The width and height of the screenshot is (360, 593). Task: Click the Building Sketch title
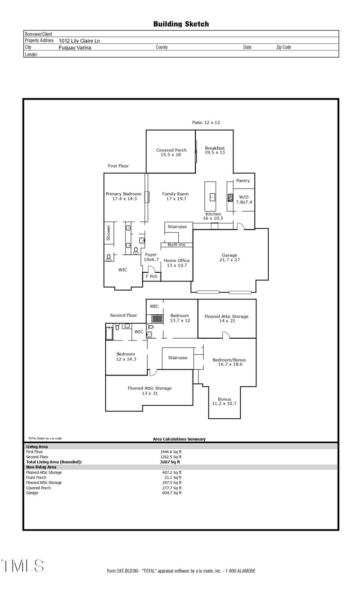pos(181,24)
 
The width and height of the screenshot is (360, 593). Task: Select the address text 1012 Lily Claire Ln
pos(79,41)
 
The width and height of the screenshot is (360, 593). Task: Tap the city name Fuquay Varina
pos(75,47)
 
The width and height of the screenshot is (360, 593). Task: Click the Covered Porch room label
pos(171,150)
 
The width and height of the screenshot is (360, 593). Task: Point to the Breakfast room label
pos(215,148)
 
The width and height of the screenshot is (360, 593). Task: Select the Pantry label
pos(243,181)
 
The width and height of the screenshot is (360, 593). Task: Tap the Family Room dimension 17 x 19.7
pos(175,199)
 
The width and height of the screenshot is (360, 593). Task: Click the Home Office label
pos(176,260)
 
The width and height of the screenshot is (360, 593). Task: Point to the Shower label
pos(108,233)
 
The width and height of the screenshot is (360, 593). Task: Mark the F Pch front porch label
pos(151,276)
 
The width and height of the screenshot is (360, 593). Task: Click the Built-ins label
pos(176,245)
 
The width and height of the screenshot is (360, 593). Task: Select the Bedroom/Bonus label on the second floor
pos(229,360)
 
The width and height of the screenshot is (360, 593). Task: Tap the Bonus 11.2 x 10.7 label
pos(224,401)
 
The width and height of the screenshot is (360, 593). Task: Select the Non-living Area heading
pos(41,467)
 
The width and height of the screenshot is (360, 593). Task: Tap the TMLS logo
pos(22,566)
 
